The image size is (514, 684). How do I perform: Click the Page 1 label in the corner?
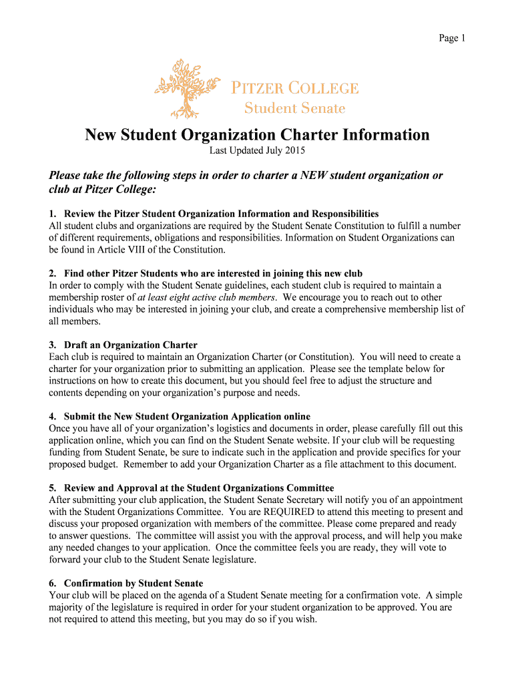[451, 38]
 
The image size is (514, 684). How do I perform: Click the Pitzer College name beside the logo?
[294, 88]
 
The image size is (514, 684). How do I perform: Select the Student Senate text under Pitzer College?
[294, 108]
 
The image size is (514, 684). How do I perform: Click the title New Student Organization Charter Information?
[257, 136]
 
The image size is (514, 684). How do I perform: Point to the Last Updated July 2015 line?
[257, 151]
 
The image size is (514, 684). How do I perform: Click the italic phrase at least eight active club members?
[207, 297]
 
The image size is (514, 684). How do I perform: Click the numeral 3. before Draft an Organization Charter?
[53, 345]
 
